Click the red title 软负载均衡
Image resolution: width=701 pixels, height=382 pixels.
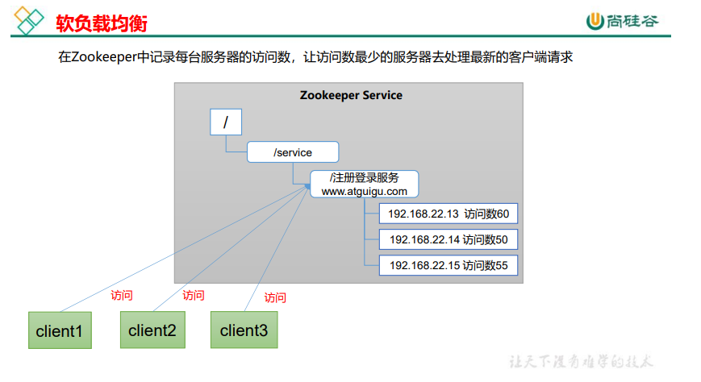pyautogui.click(x=102, y=23)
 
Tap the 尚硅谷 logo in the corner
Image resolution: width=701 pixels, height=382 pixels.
pyautogui.click(x=622, y=21)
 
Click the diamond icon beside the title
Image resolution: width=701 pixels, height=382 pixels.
pyautogui.click(x=29, y=21)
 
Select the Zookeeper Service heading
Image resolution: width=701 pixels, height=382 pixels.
pyautogui.click(x=351, y=95)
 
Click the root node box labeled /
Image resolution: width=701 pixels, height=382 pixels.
pyautogui.click(x=226, y=122)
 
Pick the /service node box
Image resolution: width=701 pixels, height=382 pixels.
pyautogui.click(x=293, y=152)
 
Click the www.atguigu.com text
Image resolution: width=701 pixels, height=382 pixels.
pyautogui.click(x=365, y=192)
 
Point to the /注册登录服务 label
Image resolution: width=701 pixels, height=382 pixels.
pyautogui.click(x=365, y=178)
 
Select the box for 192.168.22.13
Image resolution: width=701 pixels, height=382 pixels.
pyautogui.click(x=449, y=214)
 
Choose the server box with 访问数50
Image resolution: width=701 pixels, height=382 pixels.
pyautogui.click(x=449, y=239)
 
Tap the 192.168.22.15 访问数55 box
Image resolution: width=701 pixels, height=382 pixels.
pyautogui.click(x=449, y=265)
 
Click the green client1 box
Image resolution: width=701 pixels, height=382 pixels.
pyautogui.click(x=60, y=330)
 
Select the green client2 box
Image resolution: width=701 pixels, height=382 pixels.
pyautogui.click(x=152, y=330)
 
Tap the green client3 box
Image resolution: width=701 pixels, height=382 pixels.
pyautogui.click(x=244, y=330)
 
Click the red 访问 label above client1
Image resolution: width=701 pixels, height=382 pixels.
pyautogui.click(x=122, y=295)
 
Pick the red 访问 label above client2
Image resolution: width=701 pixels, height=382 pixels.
pyautogui.click(x=193, y=295)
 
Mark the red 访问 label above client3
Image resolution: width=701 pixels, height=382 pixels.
pyautogui.click(x=275, y=297)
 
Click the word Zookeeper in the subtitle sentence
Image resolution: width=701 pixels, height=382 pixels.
pyautogui.click(x=104, y=57)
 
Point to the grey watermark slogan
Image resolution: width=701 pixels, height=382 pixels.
pyautogui.click(x=581, y=361)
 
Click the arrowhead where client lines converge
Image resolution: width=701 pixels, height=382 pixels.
pyautogui.click(x=307, y=186)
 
